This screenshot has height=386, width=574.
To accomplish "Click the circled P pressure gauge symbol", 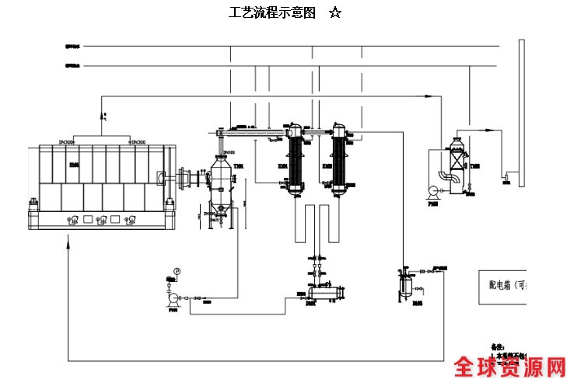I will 177,271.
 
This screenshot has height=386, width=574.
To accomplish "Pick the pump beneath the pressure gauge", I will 173,297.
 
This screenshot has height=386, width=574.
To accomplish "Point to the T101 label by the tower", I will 239,165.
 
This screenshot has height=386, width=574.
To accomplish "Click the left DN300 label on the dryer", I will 66,142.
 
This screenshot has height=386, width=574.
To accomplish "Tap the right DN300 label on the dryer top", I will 138,142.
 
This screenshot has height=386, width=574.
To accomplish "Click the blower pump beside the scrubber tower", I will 432,189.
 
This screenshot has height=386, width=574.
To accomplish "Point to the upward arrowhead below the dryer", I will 69,242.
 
